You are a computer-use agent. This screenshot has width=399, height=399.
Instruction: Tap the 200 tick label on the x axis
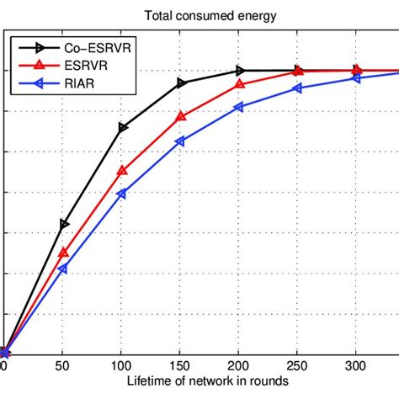point(240,367)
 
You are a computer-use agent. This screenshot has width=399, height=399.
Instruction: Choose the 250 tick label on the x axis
point(299,367)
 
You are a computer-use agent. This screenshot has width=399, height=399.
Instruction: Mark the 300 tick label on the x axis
point(357,367)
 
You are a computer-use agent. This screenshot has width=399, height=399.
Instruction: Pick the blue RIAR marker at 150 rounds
point(181,141)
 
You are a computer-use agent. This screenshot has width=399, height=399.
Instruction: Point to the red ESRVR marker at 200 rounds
point(240,84)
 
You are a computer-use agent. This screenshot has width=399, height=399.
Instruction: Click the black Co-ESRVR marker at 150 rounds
point(181,82)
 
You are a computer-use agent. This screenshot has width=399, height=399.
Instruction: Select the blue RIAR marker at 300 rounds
point(357,78)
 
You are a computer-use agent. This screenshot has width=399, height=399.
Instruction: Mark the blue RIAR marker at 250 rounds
point(298,88)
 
